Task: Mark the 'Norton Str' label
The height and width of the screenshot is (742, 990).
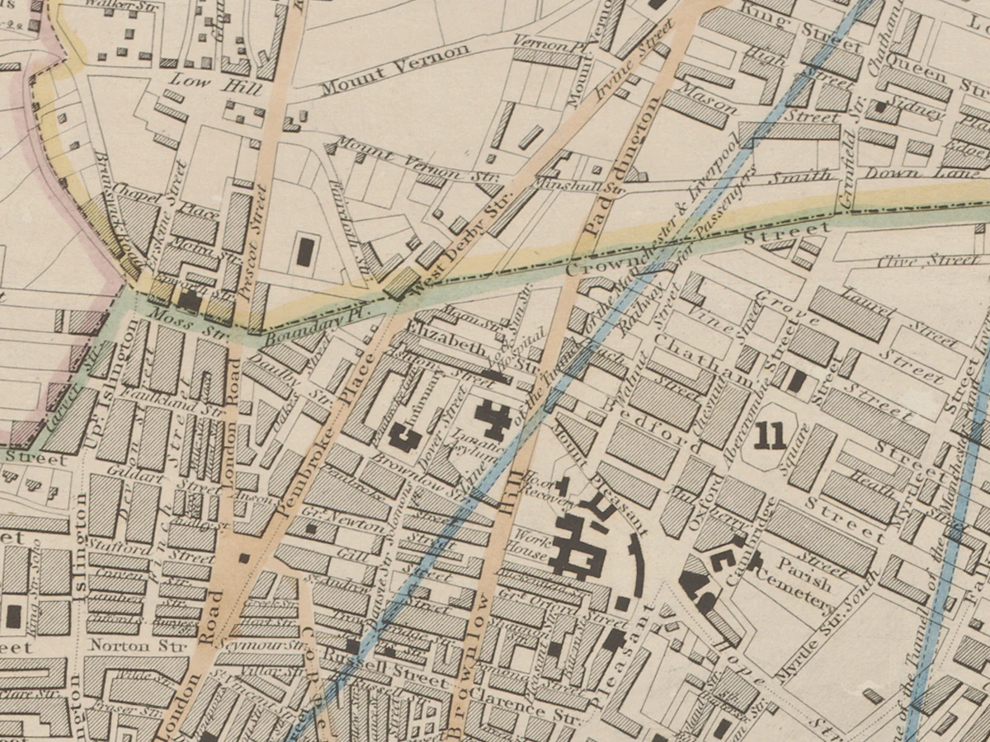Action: tap(120, 645)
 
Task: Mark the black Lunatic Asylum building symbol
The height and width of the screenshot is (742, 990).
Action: tap(493, 418)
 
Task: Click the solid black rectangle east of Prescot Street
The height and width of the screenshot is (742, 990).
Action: tap(304, 251)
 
